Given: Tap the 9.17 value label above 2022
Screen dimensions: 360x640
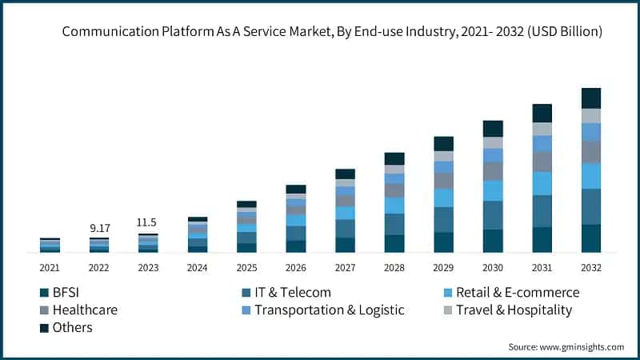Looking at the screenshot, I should coord(99,228).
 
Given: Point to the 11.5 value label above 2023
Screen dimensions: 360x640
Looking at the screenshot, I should coord(148,222).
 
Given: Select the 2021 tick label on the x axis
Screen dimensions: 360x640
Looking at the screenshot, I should coord(50,267).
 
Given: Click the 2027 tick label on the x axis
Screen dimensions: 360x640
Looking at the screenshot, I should coord(345,267).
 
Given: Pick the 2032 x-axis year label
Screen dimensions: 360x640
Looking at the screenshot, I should coord(591,267).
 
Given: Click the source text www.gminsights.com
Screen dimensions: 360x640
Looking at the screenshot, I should coord(566,346).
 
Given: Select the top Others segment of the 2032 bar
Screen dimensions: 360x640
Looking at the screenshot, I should coord(591,98).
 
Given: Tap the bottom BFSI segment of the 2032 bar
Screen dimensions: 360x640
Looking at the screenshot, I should coord(591,238).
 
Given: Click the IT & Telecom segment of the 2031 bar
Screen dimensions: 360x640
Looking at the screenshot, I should coord(542,211).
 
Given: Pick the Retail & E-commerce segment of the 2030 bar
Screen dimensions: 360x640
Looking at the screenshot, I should coord(493,190).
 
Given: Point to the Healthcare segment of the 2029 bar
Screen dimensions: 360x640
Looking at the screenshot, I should coord(443,181).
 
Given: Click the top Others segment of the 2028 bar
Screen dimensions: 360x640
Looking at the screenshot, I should coord(394,158).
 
